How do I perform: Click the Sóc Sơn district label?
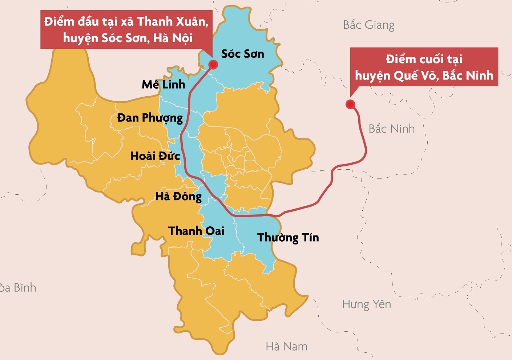[242, 54]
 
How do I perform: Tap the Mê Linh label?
[164, 85]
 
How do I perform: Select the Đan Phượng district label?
[150, 118]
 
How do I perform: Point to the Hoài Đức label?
[155, 156]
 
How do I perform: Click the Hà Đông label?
[178, 197]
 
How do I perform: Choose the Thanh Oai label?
[196, 231]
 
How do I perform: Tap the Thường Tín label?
[288, 238]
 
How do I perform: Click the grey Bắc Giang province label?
[368, 25]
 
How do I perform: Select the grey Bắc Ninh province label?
[391, 129]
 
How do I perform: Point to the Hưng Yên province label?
[366, 304]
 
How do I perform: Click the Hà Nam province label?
[286, 347]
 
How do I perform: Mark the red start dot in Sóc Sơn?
[213, 65]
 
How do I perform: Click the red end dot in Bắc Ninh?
[350, 105]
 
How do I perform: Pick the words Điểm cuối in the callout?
[410, 59]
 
